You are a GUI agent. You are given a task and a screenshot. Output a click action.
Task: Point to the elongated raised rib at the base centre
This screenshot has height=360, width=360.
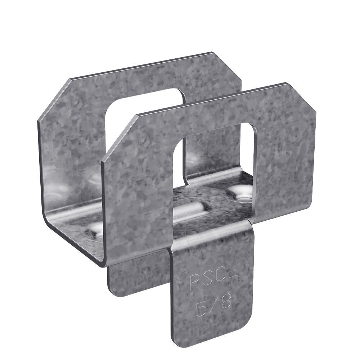pyautogui.click(x=191, y=212)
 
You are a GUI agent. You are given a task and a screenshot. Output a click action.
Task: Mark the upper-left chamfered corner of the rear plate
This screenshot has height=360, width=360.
pyautogui.click(x=54, y=97)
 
